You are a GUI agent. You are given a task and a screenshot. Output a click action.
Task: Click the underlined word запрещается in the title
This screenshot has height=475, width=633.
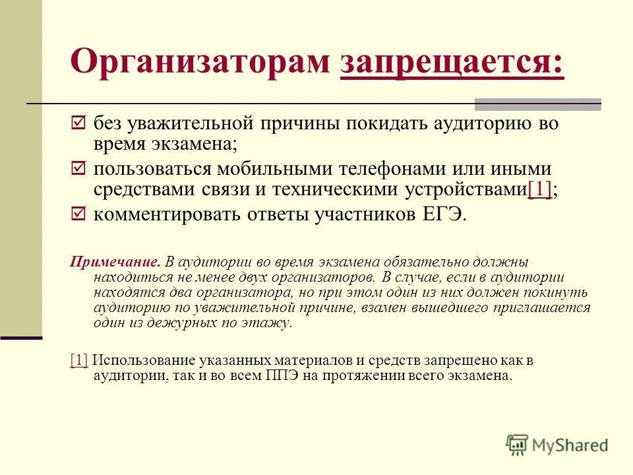[452, 63]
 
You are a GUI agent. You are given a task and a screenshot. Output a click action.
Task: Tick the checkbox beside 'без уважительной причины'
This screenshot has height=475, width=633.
[78, 123]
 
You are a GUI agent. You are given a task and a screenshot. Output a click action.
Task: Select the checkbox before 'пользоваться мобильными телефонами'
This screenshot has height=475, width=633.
[78, 169]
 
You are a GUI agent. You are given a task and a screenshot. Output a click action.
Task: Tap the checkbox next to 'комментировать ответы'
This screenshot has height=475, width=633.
[78, 214]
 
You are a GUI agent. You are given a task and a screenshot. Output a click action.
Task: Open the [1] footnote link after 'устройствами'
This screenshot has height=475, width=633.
[539, 189]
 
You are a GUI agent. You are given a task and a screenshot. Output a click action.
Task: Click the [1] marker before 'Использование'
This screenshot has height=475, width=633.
[78, 361]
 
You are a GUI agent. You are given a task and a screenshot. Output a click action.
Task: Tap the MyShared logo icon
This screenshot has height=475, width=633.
[518, 444]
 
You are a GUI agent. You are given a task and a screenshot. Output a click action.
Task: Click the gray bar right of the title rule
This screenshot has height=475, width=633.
[538, 104]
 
